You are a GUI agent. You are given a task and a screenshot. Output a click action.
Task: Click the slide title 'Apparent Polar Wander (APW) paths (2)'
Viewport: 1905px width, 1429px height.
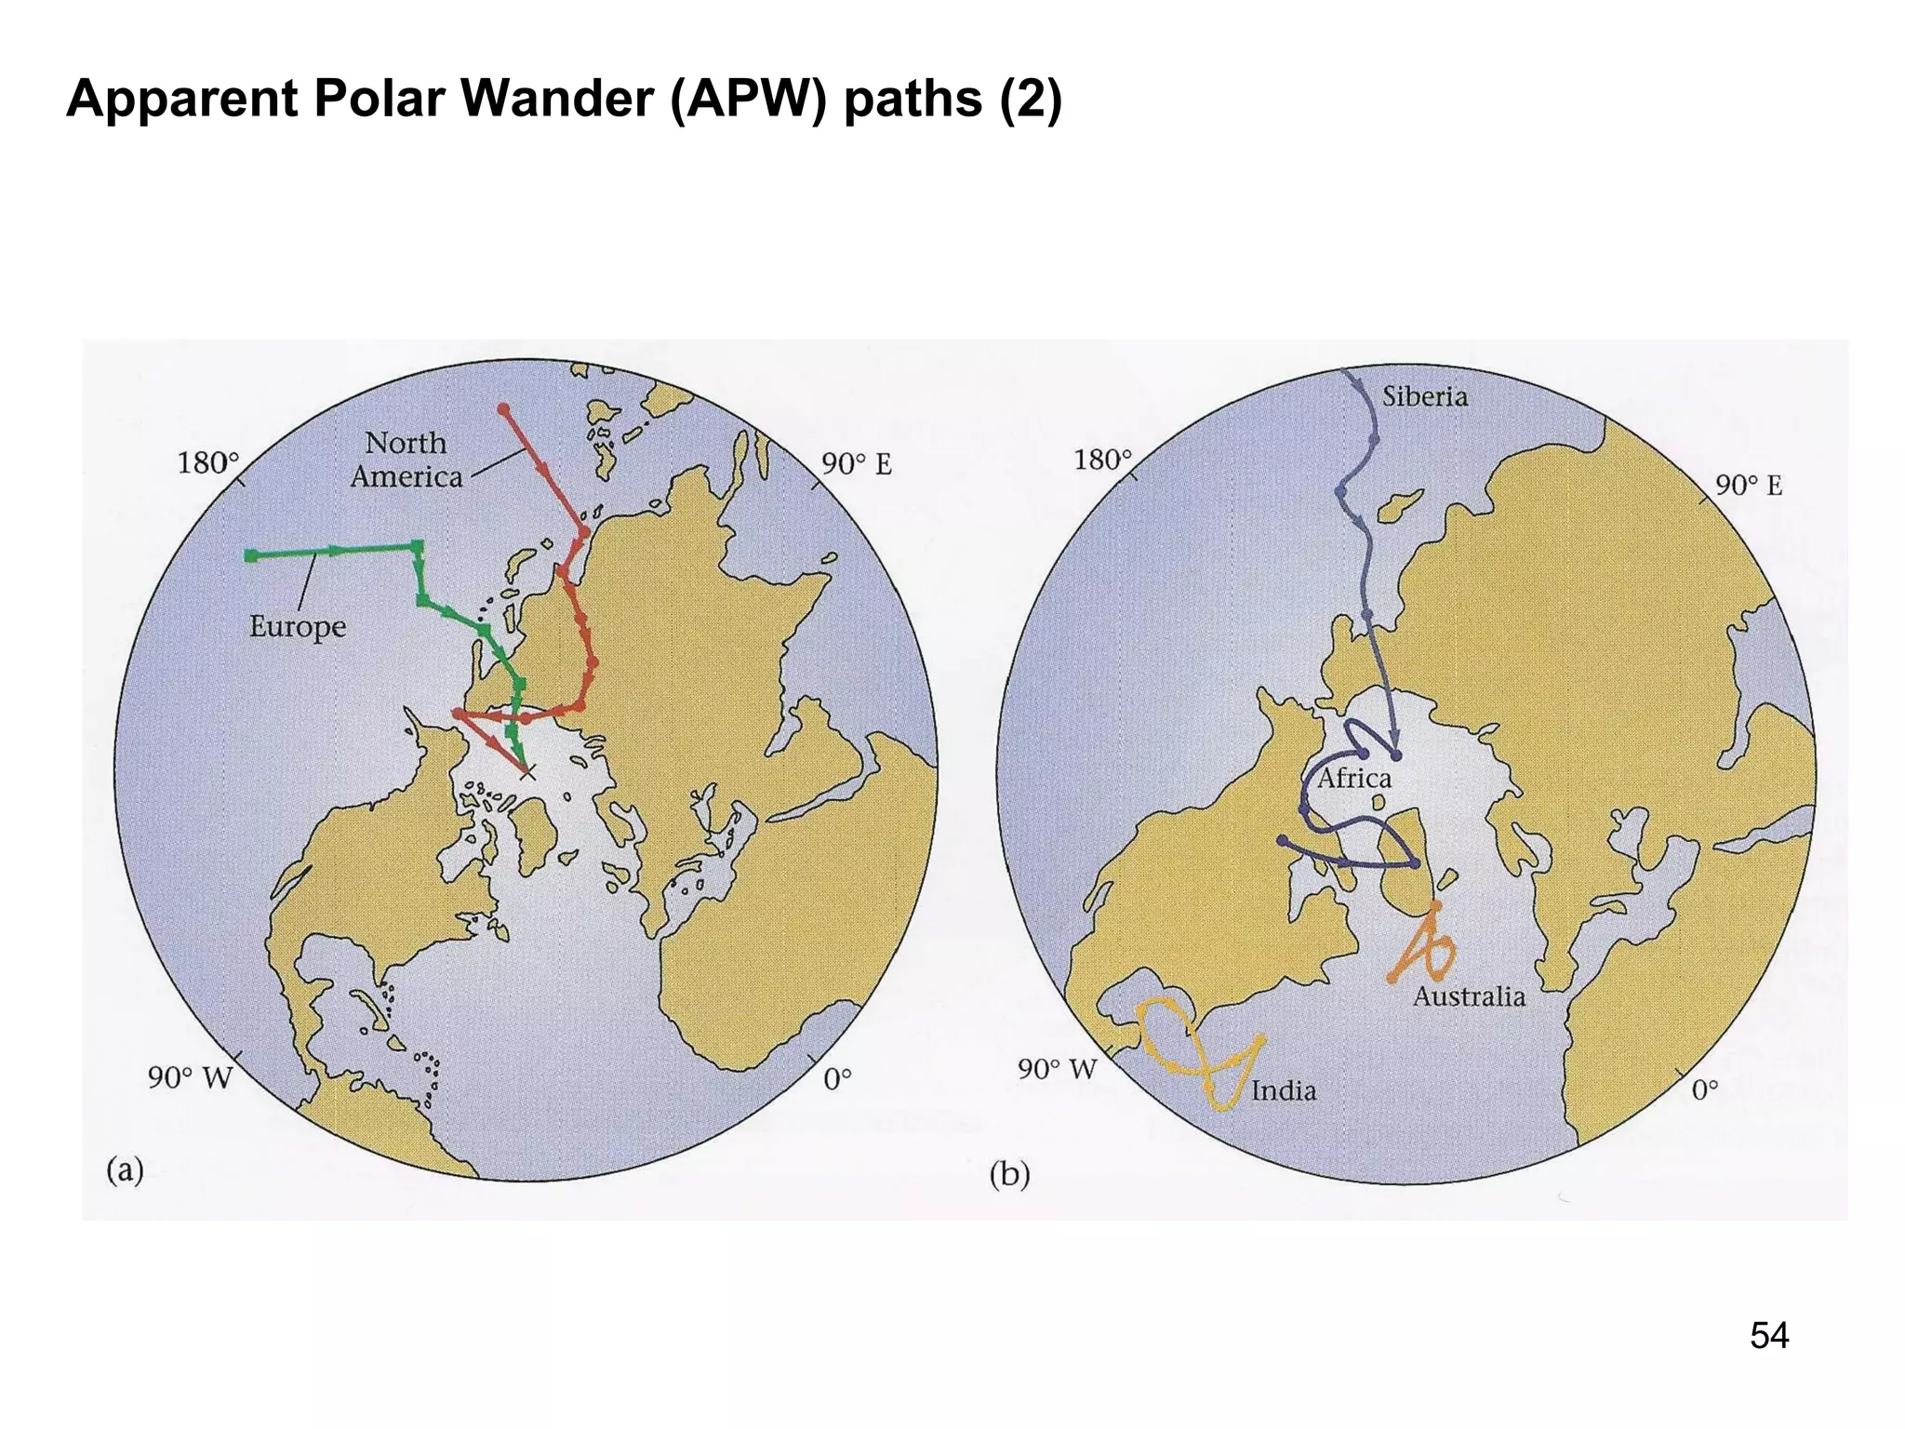click(x=564, y=99)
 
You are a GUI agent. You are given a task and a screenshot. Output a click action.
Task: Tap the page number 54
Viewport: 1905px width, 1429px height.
click(x=1768, y=1335)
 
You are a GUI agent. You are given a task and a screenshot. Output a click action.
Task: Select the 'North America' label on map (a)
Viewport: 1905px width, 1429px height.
click(x=406, y=460)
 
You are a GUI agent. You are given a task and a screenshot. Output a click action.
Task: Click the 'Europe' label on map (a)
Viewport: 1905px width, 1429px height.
click(x=298, y=626)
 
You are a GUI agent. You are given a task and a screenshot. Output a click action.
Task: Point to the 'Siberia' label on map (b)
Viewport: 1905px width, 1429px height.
click(x=1424, y=397)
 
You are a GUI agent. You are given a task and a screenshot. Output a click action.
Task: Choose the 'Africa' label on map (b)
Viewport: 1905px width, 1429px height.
click(x=1353, y=778)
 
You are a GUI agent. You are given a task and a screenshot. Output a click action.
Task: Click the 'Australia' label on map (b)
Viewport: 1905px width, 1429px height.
click(x=1469, y=997)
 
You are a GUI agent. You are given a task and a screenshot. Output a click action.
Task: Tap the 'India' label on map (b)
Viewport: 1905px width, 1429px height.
click(x=1284, y=1090)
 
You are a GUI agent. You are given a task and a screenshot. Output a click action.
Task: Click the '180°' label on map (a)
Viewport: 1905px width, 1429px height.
click(x=208, y=462)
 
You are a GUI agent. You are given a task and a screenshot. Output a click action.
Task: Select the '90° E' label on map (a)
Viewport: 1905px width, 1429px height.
click(x=856, y=464)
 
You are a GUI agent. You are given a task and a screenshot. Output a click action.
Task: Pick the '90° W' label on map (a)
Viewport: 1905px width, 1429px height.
click(x=190, y=1077)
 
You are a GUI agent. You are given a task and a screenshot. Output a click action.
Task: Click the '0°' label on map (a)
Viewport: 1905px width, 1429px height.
click(x=837, y=1079)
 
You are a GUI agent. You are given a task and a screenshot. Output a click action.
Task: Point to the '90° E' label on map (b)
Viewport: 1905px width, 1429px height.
click(x=1749, y=486)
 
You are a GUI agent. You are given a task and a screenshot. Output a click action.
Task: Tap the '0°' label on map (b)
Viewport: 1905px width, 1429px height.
click(x=1704, y=1089)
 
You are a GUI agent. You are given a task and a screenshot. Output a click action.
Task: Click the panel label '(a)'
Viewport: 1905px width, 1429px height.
click(x=125, y=1169)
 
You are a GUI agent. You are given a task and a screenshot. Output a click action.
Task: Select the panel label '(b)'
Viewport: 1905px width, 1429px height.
click(x=1009, y=1175)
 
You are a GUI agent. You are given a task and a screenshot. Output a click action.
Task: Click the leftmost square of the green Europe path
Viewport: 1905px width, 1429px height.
click(x=251, y=555)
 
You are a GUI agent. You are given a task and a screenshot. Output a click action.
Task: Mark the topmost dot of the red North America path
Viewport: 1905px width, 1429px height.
click(x=503, y=409)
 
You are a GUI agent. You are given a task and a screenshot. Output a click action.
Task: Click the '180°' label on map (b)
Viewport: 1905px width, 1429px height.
click(x=1103, y=460)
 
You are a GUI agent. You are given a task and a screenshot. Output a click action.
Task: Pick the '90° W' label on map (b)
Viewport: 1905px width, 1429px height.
click(x=1058, y=1069)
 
